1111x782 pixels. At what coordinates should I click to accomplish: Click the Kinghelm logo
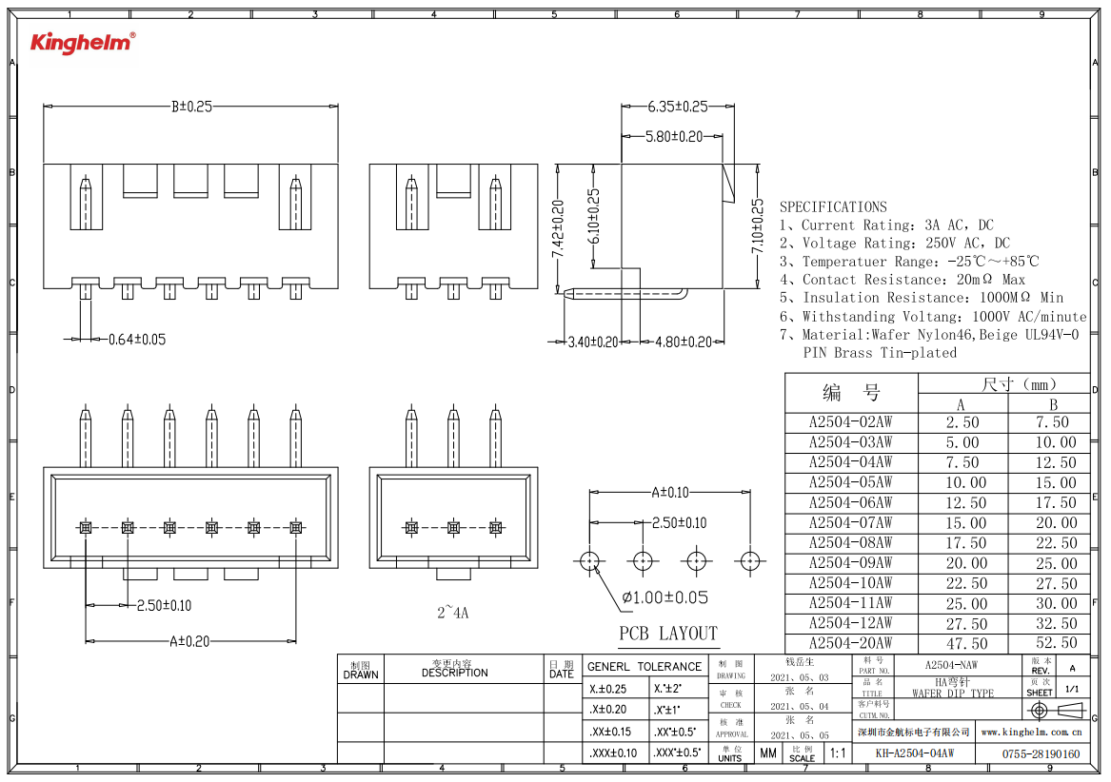(83, 42)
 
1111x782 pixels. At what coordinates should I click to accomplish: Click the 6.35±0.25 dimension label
(678, 107)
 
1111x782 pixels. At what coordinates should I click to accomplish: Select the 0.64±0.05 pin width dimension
(137, 339)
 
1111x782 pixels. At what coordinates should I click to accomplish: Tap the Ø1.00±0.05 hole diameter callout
(665, 597)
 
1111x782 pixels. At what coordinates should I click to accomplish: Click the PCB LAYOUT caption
(668, 634)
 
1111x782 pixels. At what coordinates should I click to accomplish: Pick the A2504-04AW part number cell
(850, 462)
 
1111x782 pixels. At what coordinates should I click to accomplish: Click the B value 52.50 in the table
(1056, 644)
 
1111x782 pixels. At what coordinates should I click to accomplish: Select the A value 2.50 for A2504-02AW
(962, 422)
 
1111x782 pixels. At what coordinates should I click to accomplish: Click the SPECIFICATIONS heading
(833, 206)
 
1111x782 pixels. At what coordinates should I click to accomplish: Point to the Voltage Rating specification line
(895, 244)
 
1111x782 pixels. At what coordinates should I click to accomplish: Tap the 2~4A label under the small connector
(453, 614)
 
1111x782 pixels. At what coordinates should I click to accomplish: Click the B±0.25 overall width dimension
(190, 107)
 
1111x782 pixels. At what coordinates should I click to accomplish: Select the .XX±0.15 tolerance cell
(610, 732)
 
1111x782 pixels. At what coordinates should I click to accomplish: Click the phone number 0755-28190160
(1042, 754)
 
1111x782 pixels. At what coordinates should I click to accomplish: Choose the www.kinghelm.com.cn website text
(1032, 733)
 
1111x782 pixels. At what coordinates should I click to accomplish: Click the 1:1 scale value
(838, 753)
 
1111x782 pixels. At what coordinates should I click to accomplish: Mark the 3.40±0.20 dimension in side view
(592, 342)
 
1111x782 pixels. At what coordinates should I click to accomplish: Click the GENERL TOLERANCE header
(645, 667)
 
